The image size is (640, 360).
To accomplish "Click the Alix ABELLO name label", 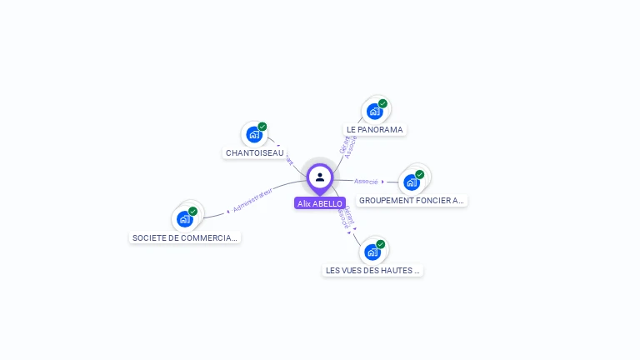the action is tap(320, 203).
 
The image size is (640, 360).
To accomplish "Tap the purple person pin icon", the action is tap(320, 177).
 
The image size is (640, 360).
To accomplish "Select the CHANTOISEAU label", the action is tap(254, 153).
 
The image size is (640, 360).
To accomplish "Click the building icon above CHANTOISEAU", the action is tap(254, 135).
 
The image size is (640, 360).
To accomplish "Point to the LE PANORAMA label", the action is tap(374, 130).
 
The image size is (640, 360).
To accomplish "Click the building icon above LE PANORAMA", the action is tap(374, 111).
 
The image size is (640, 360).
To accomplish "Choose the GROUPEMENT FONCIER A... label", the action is tap(411, 201).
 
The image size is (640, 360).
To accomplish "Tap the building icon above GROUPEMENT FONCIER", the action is tap(411, 182).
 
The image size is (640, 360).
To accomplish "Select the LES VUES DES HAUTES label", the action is tap(372, 271).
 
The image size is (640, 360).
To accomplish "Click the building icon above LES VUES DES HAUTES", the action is tap(372, 252).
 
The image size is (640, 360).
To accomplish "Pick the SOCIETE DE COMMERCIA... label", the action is tap(185, 238).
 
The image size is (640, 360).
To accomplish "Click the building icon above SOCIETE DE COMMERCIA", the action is tap(185, 218).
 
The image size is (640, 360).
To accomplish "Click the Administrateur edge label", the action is tap(252, 201).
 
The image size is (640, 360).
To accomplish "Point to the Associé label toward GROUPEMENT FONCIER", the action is tap(366, 181).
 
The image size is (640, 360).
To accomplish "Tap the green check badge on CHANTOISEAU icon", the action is tap(262, 127).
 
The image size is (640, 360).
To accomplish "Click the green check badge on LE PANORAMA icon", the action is tap(382, 103).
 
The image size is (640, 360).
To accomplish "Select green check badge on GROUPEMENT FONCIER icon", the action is tap(419, 174).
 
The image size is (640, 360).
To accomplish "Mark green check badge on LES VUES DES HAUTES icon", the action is tap(380, 244).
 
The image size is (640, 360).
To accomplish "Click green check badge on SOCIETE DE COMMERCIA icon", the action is tap(192, 211).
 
